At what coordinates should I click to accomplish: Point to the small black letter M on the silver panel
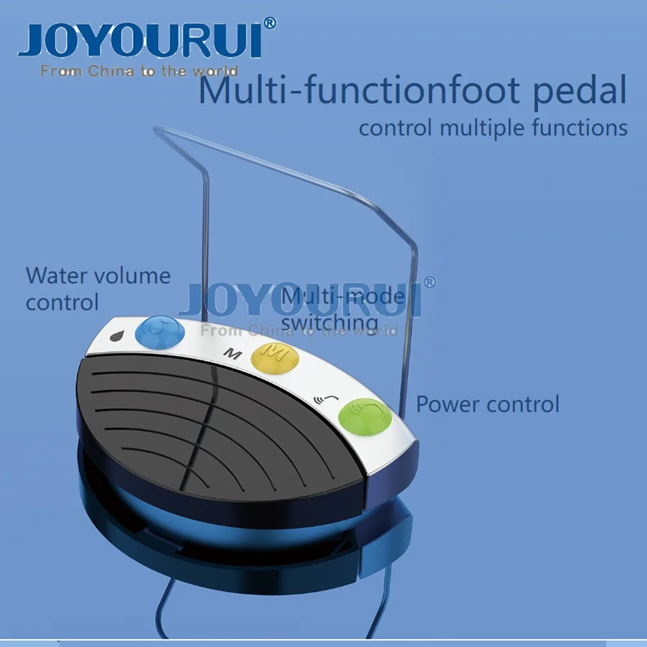[228, 353]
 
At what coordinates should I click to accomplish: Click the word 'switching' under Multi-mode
[330, 322]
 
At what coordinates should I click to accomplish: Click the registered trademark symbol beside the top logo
[271, 23]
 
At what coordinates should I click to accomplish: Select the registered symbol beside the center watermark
[429, 282]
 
